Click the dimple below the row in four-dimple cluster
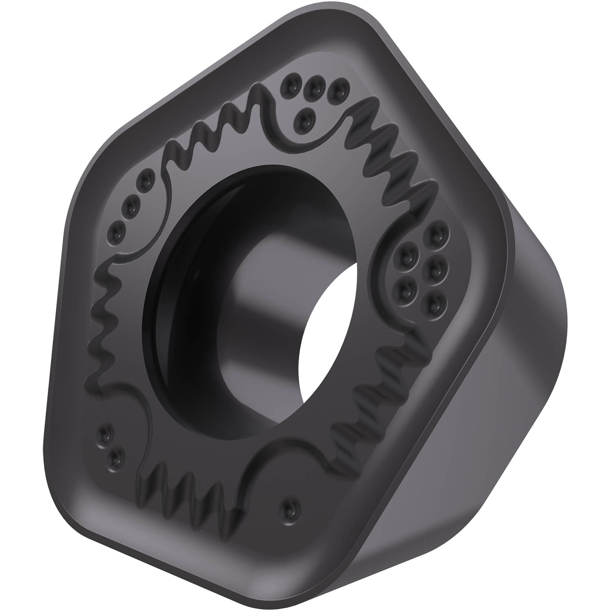pyautogui.click(x=305, y=118)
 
